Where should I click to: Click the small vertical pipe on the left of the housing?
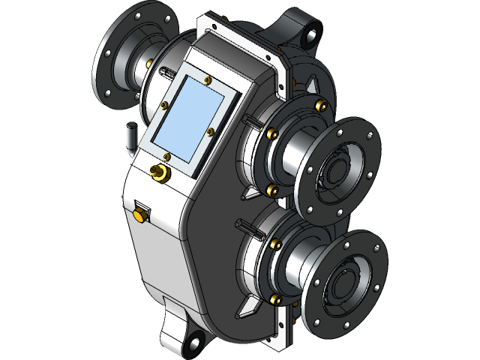coord(130,136)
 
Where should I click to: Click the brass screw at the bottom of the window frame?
coord(167,156)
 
